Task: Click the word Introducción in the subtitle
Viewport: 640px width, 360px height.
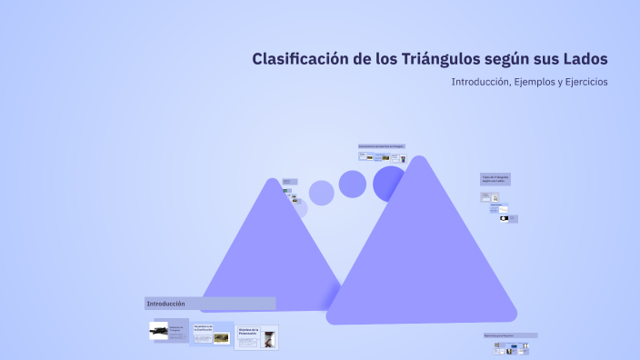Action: point(479,82)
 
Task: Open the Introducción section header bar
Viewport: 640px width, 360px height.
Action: point(210,304)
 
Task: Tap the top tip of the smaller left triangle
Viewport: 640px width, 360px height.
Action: point(271,181)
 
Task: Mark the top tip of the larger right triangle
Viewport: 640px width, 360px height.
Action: point(418,159)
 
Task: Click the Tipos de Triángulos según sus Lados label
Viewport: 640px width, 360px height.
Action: point(495,179)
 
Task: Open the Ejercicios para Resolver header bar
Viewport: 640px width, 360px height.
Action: point(510,335)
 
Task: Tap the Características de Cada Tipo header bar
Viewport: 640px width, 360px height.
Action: point(381,146)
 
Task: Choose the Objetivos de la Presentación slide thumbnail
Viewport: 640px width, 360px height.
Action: point(256,336)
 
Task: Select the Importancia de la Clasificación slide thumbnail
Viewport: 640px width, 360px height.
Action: point(211,334)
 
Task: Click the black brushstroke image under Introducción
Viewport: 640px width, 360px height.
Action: point(159,331)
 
